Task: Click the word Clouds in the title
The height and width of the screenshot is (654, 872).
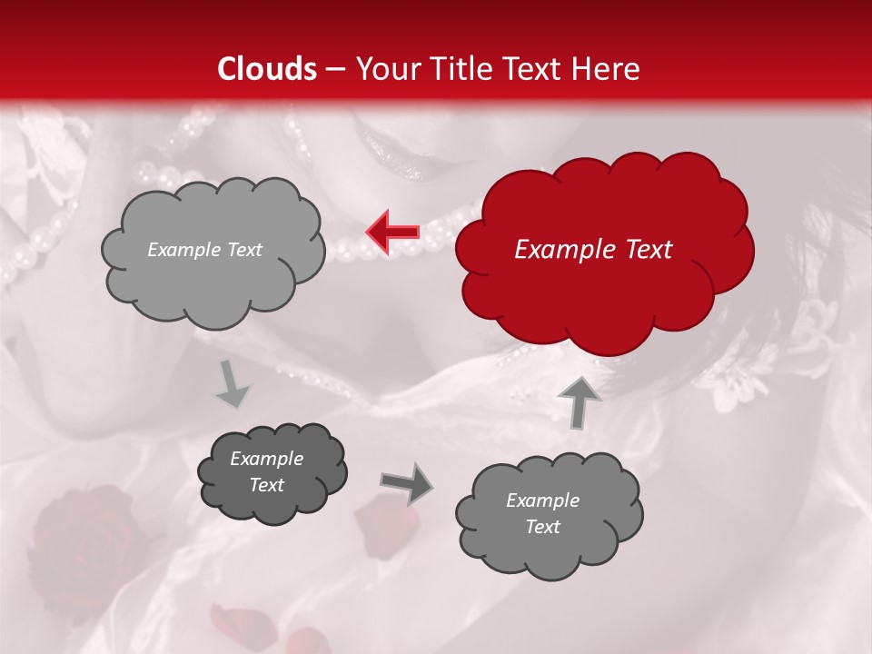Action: click(x=268, y=69)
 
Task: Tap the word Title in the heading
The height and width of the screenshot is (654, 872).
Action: click(x=459, y=69)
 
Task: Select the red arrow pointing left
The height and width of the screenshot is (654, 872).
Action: click(x=392, y=233)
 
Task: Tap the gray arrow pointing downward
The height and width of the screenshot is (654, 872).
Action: click(x=233, y=383)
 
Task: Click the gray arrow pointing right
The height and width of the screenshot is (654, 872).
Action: click(x=405, y=482)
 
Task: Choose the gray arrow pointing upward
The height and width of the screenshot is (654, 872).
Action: click(x=579, y=401)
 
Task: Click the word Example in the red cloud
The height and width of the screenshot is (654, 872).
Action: click(x=555, y=250)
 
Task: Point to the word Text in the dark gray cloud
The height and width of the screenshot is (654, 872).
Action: click(x=266, y=485)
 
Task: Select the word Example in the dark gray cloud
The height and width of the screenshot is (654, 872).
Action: click(x=266, y=459)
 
